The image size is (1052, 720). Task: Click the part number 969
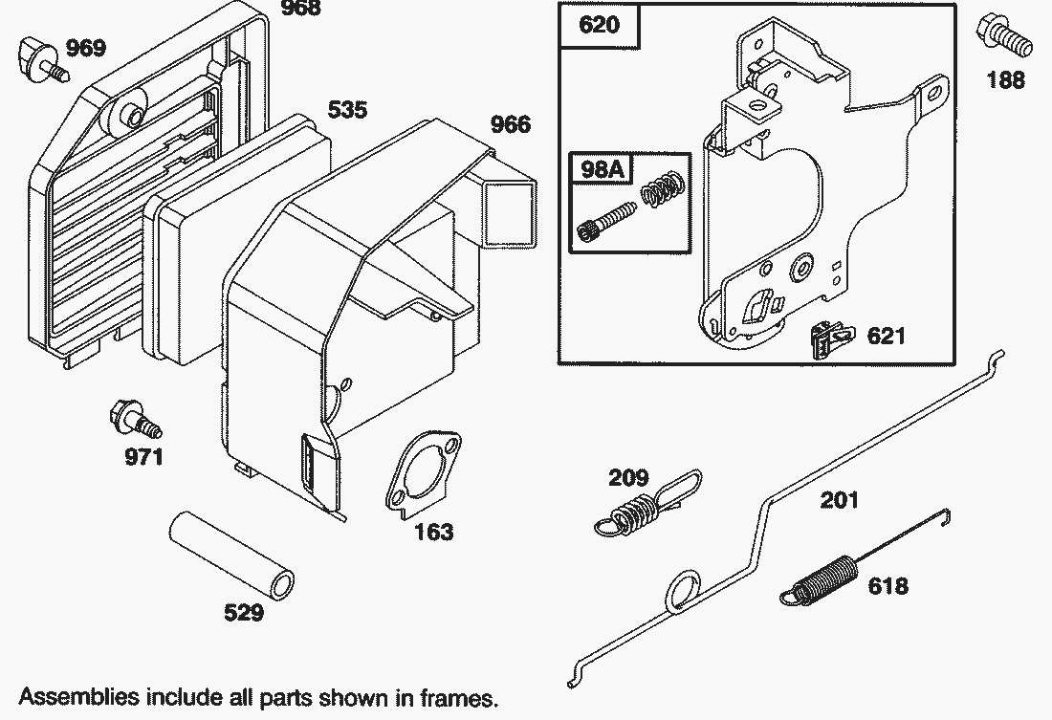click(86, 48)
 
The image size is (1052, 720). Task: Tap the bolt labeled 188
click(1000, 36)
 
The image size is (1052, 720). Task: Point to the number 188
click(1005, 79)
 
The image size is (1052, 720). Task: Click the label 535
click(347, 110)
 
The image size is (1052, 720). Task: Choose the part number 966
click(511, 124)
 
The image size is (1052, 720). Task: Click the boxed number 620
click(600, 25)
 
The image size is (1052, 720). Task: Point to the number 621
click(886, 337)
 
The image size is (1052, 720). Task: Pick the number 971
click(144, 456)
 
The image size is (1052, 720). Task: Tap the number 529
click(243, 613)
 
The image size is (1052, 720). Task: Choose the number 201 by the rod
click(839, 500)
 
